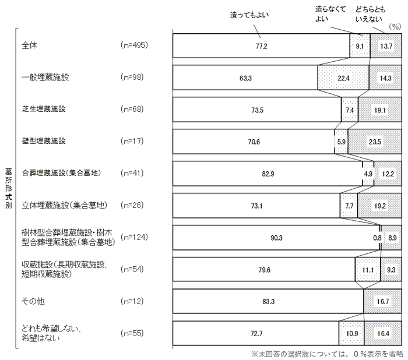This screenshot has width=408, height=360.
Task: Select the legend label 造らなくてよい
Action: pyautogui.click(x=330, y=13)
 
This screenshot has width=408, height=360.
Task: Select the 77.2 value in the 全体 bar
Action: pyautogui.click(x=260, y=46)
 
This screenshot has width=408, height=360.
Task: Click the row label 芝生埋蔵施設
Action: pyautogui.click(x=43, y=109)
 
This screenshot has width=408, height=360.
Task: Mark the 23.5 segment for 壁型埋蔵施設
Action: pyautogui.click(x=373, y=142)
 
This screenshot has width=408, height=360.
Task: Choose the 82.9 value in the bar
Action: pyautogui.click(x=266, y=174)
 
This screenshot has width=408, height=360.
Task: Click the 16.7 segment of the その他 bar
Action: pyautogui.click(x=382, y=302)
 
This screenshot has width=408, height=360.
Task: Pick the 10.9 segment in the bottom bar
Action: pyautogui.click(x=351, y=334)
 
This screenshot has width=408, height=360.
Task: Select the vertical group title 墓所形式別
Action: pyautogui.click(x=7, y=190)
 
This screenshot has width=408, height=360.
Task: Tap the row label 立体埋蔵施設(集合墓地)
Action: pyautogui.click(x=65, y=205)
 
